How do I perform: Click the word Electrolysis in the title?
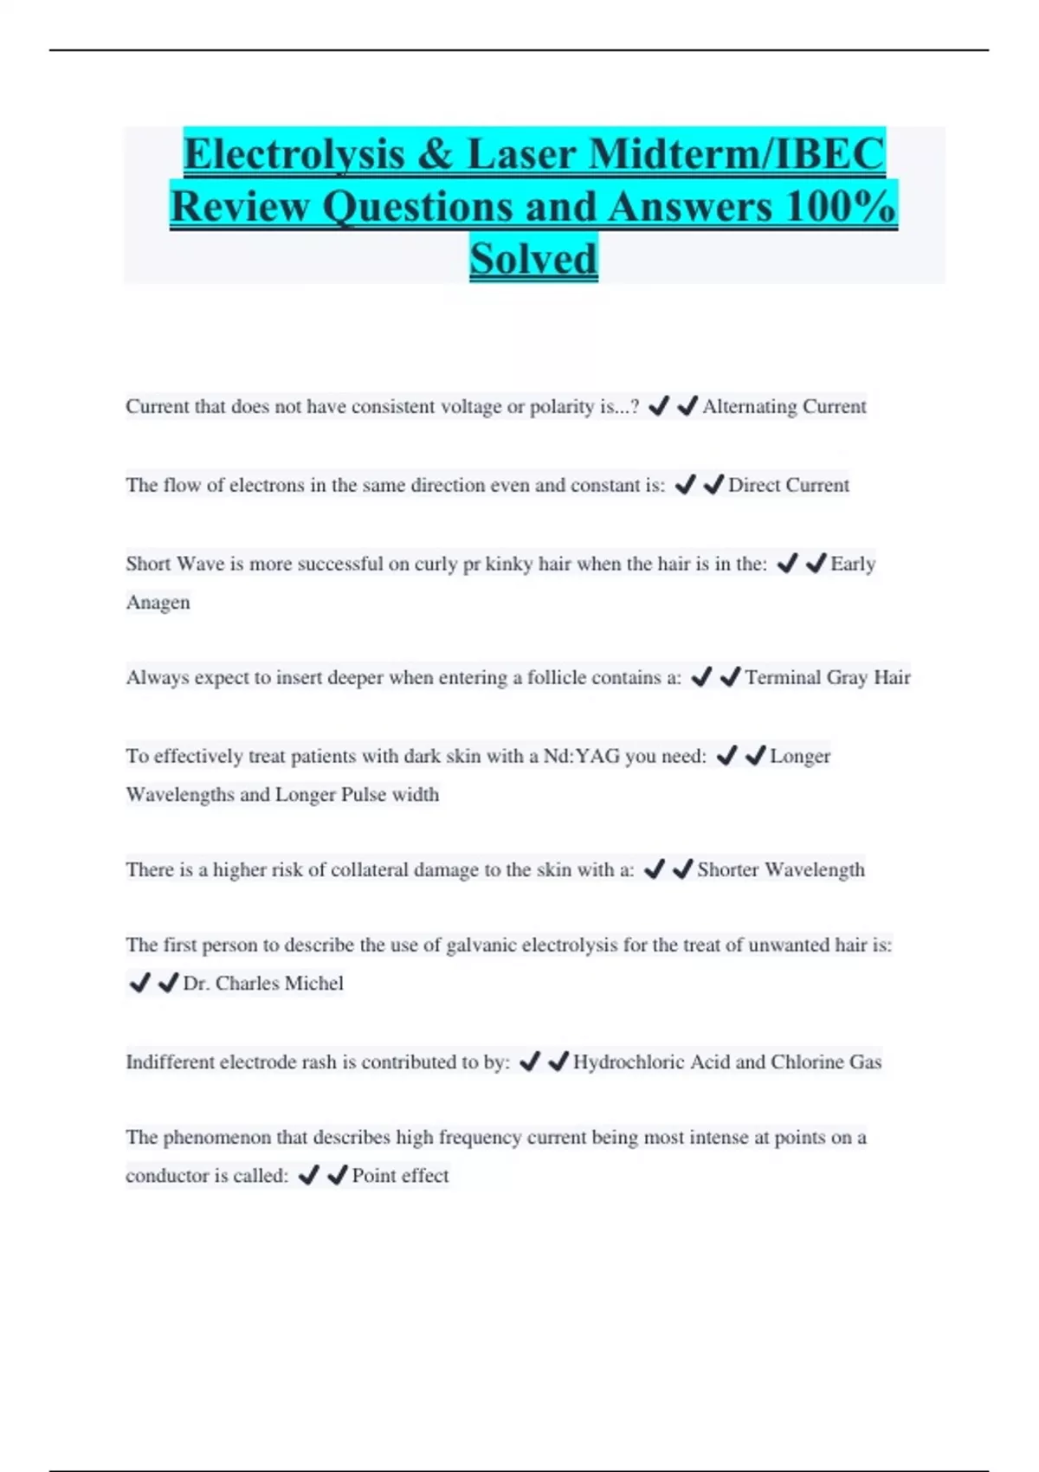click(294, 154)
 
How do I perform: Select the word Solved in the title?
click(533, 258)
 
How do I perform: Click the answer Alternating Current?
click(784, 406)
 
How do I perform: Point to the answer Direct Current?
click(788, 485)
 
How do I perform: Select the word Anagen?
click(158, 602)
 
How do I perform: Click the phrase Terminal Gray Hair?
click(827, 677)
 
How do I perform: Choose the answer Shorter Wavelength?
click(780, 869)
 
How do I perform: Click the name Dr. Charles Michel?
click(263, 983)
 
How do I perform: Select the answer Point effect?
click(400, 1175)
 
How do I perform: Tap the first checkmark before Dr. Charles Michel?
click(139, 983)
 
